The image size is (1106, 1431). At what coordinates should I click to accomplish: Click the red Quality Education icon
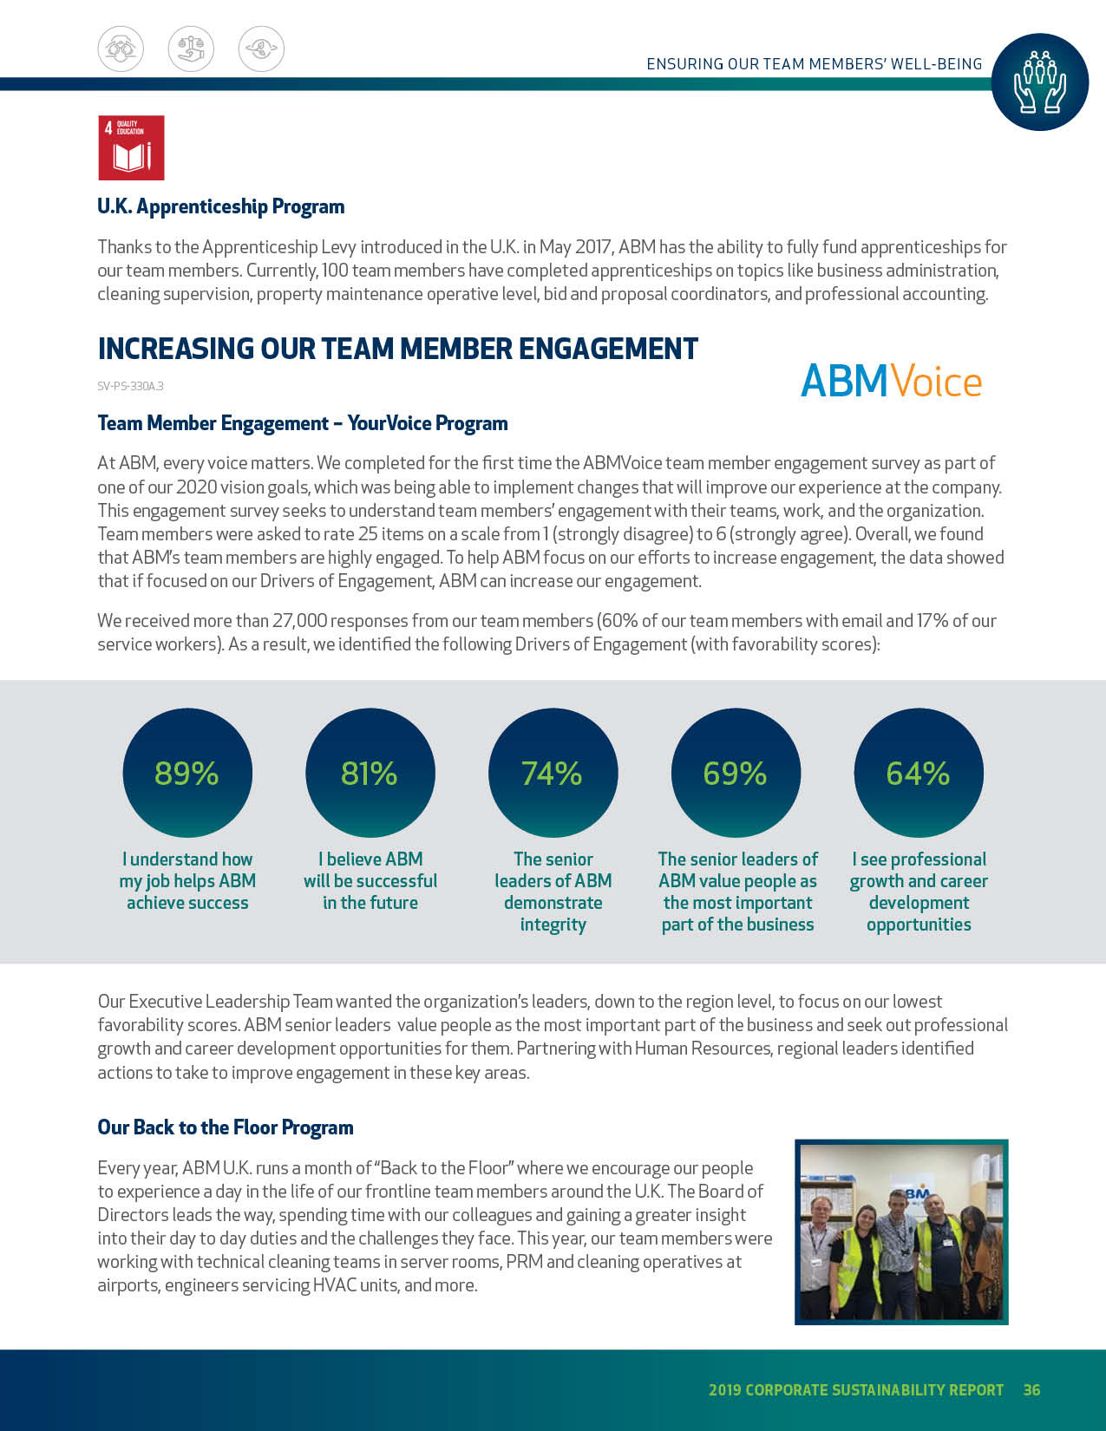pos(131,147)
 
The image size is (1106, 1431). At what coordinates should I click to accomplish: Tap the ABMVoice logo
pos(891,381)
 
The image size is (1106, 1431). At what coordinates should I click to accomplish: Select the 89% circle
pos(187,773)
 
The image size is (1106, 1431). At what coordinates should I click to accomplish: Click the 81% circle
pos(370,773)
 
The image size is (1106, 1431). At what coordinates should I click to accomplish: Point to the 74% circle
pos(553,773)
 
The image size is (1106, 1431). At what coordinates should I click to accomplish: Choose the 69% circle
pos(736,773)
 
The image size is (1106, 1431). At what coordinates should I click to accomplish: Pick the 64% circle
pos(919,773)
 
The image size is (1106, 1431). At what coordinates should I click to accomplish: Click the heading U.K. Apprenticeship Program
pos(221,206)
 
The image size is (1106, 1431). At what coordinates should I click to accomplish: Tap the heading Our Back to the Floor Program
pos(226,1127)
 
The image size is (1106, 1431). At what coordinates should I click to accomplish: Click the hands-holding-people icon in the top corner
pos(1039,82)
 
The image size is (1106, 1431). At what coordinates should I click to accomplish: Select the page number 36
pos(1031,1389)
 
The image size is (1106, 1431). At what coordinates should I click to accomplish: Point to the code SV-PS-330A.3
pos(130,386)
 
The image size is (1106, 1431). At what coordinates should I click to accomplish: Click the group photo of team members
pos(901,1232)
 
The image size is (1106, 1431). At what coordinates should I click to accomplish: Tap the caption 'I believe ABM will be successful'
pos(370,880)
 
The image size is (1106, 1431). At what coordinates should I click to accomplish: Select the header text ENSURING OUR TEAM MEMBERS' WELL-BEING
pos(814,64)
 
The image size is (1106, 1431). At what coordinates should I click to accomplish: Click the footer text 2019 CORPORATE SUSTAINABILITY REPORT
pos(855,1389)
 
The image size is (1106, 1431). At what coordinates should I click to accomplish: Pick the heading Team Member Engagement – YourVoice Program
pos(303,423)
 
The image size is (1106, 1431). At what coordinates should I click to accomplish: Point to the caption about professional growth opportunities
pos(919,892)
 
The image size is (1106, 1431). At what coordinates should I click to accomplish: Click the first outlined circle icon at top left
pos(121,49)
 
